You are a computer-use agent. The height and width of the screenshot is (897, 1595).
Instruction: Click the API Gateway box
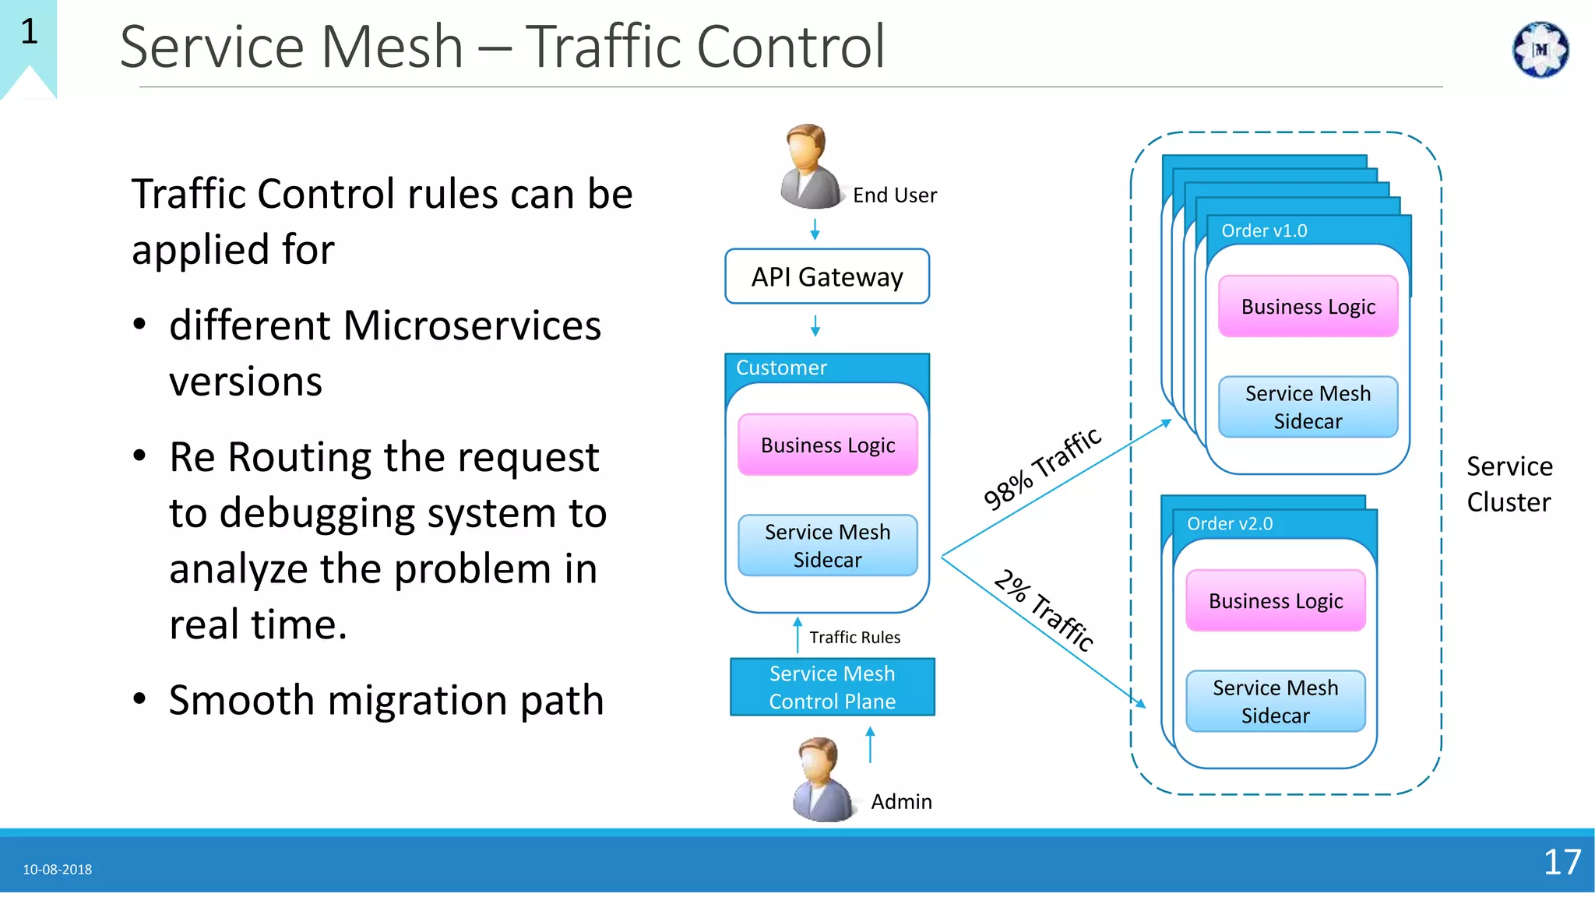pyautogui.click(x=826, y=276)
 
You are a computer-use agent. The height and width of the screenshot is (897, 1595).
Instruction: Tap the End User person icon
pyautogui.click(x=809, y=167)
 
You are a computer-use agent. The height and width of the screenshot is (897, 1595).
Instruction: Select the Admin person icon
pyautogui.click(x=822, y=779)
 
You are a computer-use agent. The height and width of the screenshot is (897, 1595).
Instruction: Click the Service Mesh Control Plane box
pyautogui.click(x=832, y=687)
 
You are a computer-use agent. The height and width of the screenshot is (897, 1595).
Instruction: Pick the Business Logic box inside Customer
pyautogui.click(x=827, y=445)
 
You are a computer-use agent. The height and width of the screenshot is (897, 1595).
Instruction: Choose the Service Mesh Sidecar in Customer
pyautogui.click(x=827, y=546)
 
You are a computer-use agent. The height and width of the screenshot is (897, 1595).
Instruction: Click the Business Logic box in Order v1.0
pyautogui.click(x=1308, y=306)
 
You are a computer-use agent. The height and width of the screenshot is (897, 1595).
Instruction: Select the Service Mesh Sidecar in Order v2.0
pyautogui.click(x=1275, y=701)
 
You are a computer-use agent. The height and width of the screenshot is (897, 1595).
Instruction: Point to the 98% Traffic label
pyautogui.click(x=1041, y=468)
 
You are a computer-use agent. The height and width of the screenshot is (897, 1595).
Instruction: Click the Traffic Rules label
pyautogui.click(x=854, y=637)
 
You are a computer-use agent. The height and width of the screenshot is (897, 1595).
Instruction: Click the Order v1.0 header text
pyautogui.click(x=1263, y=230)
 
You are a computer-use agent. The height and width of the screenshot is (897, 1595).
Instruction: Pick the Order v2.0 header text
pyautogui.click(x=1229, y=523)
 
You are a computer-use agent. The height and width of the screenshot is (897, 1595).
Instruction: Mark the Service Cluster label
pyautogui.click(x=1509, y=484)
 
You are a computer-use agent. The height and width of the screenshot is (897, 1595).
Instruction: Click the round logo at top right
pyautogui.click(x=1540, y=50)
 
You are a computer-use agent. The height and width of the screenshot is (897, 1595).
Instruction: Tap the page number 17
pyautogui.click(x=1562, y=862)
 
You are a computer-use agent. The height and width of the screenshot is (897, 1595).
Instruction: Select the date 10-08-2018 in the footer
pyautogui.click(x=57, y=869)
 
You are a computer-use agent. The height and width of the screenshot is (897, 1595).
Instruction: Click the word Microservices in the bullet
pyautogui.click(x=471, y=325)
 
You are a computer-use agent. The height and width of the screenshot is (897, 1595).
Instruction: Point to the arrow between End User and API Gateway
pyautogui.click(x=815, y=229)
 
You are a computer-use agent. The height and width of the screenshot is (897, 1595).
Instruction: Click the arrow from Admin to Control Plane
pyautogui.click(x=870, y=744)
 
